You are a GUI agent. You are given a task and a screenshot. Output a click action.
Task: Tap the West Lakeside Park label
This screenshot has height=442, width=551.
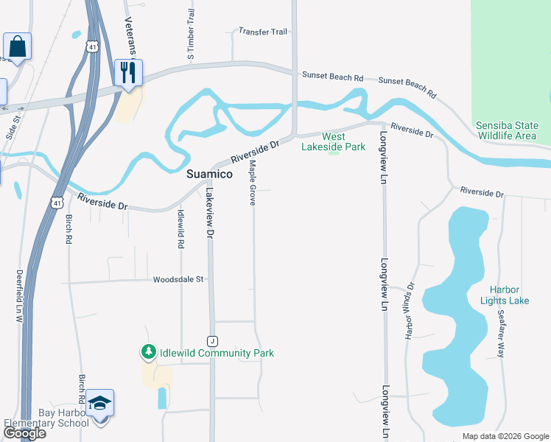[333, 141]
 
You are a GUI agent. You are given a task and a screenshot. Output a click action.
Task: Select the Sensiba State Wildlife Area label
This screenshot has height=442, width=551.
[507, 130]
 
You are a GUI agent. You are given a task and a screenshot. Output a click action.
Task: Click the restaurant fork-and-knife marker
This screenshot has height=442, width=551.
[128, 73]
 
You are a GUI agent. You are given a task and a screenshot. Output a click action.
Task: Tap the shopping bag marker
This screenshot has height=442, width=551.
[17, 47]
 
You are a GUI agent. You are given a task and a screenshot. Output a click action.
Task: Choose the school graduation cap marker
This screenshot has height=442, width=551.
[99, 404]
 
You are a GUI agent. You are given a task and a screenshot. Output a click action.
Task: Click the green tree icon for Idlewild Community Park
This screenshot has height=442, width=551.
[149, 353]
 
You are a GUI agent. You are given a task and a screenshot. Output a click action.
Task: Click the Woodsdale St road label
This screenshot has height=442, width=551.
[178, 280]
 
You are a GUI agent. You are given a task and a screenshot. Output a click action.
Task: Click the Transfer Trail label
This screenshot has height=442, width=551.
[262, 32]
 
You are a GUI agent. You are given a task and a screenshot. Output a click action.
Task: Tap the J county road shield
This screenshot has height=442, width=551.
[211, 340]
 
